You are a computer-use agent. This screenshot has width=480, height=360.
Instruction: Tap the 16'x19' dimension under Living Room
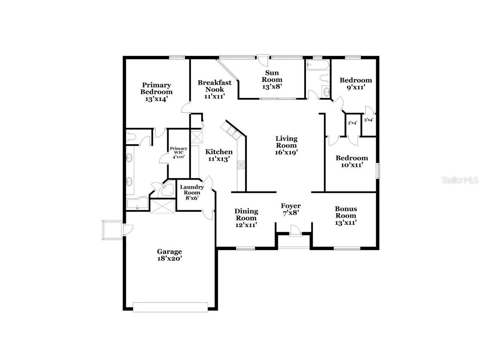pyautogui.click(x=286, y=153)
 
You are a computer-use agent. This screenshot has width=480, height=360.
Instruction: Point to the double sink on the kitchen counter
pyautogui.click(x=232, y=131)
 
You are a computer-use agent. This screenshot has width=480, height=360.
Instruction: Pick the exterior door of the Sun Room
pyautogui.click(x=263, y=59)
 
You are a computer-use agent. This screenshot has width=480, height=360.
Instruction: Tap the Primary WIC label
pyautogui.click(x=178, y=153)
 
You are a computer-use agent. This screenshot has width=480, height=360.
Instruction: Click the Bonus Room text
pyautogui.click(x=346, y=212)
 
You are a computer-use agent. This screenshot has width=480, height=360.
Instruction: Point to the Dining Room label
pyautogui.click(x=246, y=215)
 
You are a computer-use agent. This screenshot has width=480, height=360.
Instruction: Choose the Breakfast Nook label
pyautogui.click(x=214, y=86)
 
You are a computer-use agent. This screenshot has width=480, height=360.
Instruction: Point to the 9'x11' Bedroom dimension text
pyautogui.click(x=353, y=87)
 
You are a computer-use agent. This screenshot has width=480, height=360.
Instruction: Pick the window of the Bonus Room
pyautogui.click(x=347, y=248)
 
